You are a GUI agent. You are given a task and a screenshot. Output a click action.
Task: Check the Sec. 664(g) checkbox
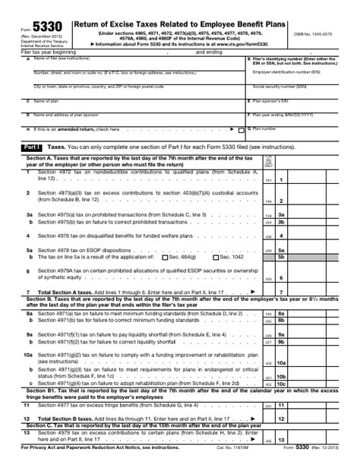tap(168, 258)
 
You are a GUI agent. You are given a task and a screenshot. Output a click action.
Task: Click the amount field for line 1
tap(309, 179)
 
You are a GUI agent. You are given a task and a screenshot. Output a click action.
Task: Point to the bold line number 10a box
tap(280, 364)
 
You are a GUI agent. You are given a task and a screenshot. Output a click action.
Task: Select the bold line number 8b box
tap(280, 321)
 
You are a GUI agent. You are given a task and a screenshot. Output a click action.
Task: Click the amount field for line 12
tap(309, 419)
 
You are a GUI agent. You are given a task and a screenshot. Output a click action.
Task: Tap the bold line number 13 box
tap(280, 440)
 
